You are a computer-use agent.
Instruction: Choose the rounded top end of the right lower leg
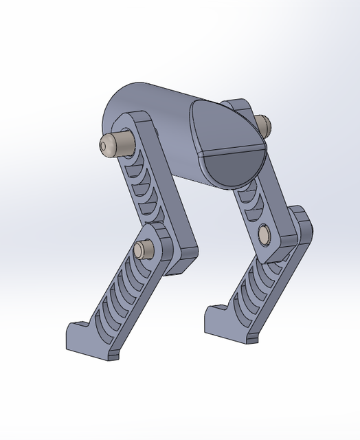303,220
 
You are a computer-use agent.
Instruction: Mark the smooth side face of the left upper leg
165,199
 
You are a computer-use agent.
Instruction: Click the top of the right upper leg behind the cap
240,107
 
